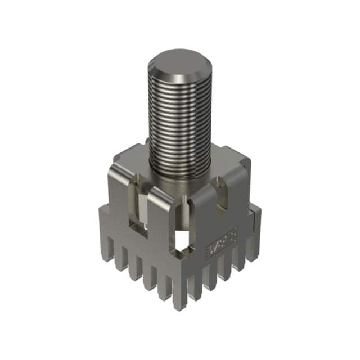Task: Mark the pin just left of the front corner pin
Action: pos(164,281)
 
